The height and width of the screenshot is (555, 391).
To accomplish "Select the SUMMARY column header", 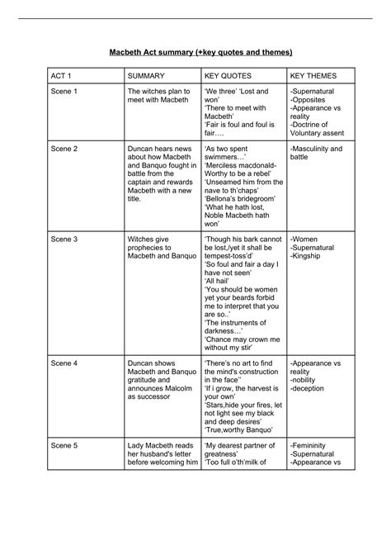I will (x=148, y=76).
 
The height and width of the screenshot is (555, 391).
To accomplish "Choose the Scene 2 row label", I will (x=64, y=149).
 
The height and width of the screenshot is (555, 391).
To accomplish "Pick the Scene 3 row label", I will (x=64, y=238).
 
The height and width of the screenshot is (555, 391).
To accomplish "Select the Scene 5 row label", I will (x=64, y=444).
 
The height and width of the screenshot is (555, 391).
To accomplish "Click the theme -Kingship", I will (x=309, y=256).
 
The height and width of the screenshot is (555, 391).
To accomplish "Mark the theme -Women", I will (x=305, y=238).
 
